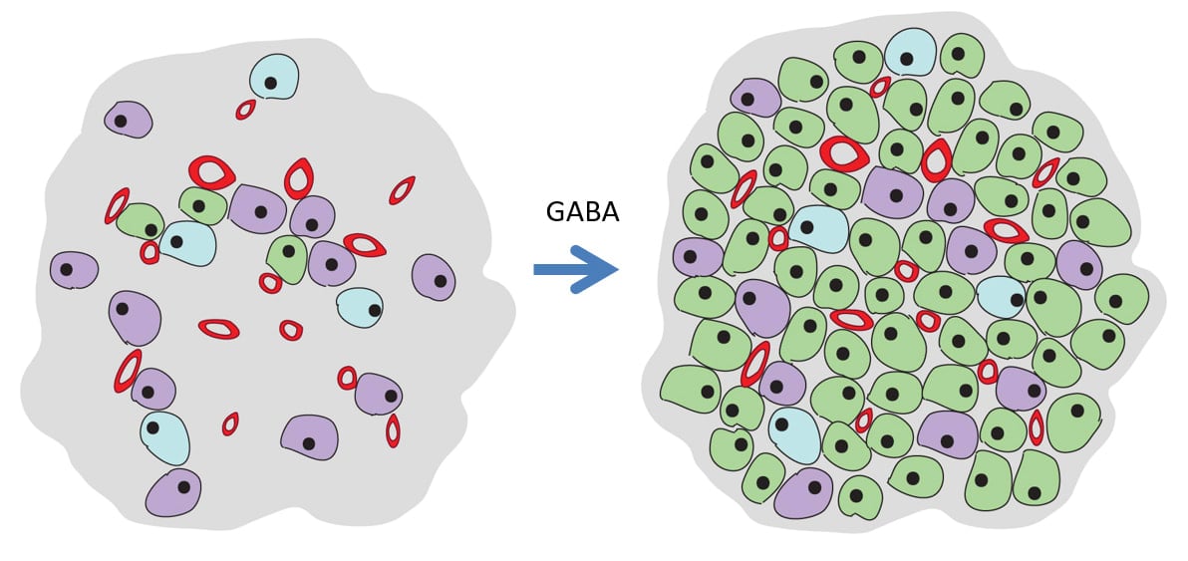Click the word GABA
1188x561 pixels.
(582, 212)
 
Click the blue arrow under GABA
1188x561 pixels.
(576, 269)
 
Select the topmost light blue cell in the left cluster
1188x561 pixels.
(274, 76)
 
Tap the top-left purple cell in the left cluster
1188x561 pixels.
(129, 120)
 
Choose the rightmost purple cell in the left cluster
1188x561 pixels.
(434, 277)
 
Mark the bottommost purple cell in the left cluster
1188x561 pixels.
(173, 493)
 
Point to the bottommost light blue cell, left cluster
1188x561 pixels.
(165, 437)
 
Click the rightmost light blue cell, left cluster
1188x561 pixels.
(360, 307)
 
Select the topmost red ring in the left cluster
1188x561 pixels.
(245, 110)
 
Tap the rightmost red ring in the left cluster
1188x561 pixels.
(402, 190)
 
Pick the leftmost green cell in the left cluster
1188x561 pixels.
(141, 221)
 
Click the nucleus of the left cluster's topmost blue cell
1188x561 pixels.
(270, 83)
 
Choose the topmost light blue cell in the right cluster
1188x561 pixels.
(910, 52)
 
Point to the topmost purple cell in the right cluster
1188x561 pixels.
(755, 98)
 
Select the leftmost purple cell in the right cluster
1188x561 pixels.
(698, 257)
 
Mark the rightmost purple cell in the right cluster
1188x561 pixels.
(1078, 264)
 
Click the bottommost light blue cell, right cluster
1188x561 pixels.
(794, 434)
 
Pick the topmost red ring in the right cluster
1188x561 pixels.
(879, 88)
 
